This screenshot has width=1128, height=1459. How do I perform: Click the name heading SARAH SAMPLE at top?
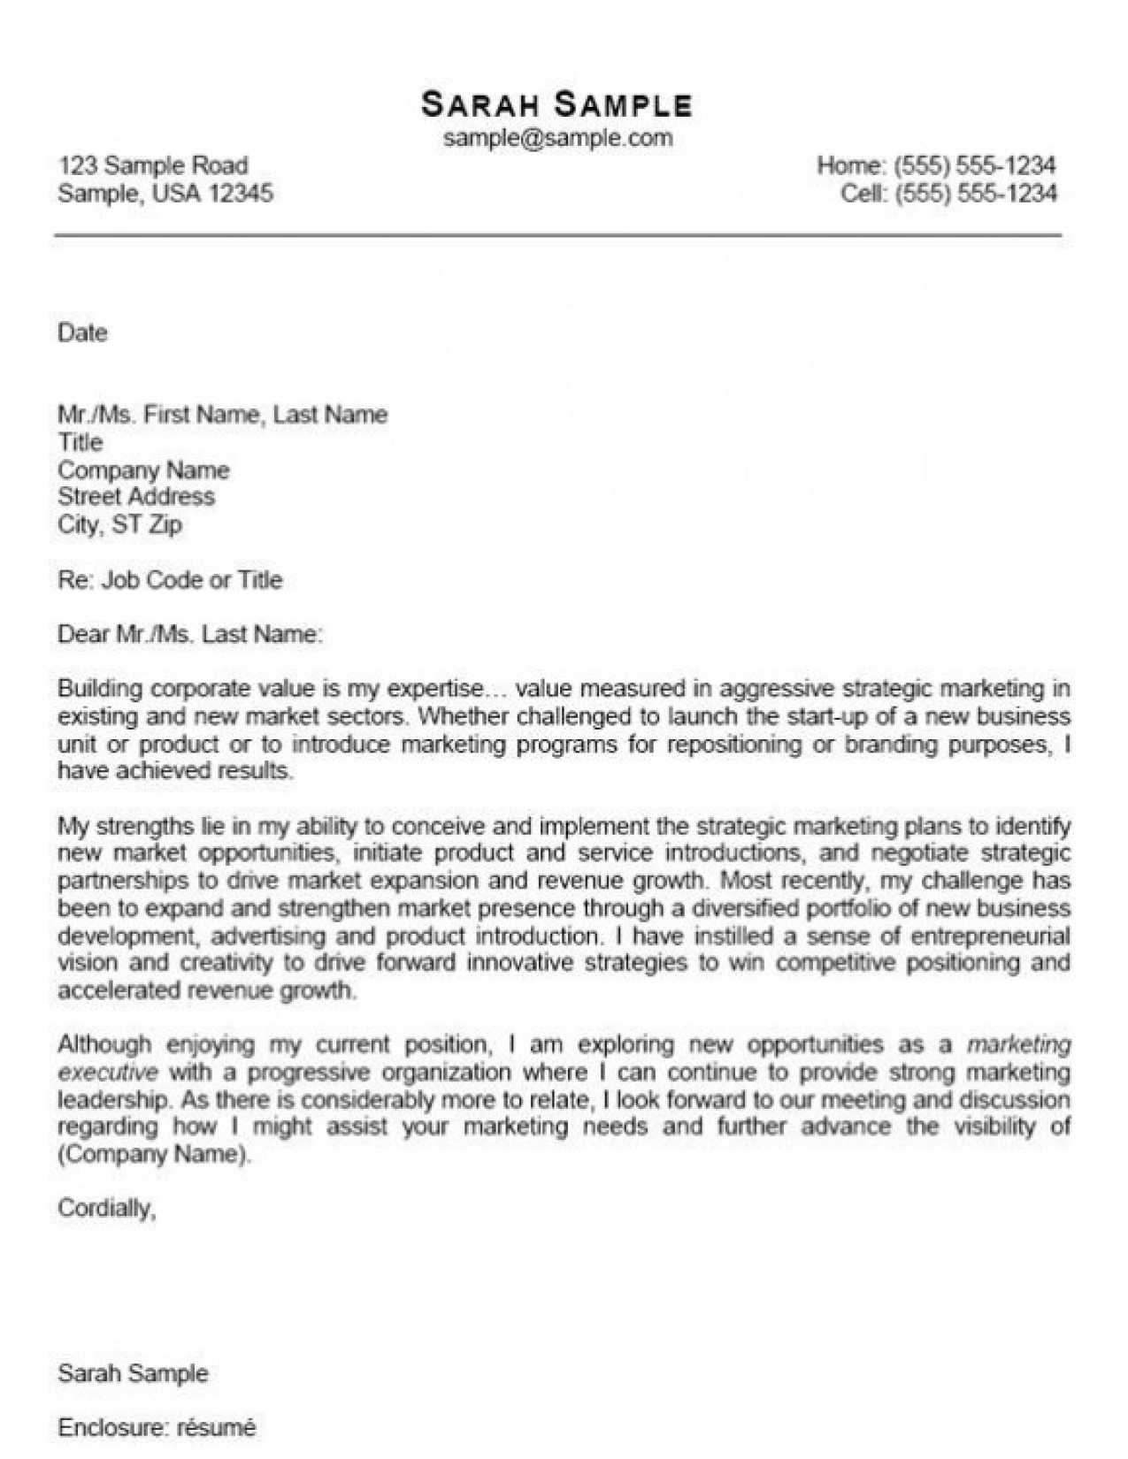point(556,104)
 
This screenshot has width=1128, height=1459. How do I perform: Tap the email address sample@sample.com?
point(557,138)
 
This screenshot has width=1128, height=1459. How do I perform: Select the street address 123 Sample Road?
point(153,165)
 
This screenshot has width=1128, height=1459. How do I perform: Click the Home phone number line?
point(936,165)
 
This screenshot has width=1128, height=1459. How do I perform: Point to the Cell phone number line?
point(948,193)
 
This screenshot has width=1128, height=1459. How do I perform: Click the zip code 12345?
point(241,193)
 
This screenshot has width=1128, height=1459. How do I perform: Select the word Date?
point(82,333)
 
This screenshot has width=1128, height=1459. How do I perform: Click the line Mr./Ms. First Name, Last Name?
point(222,415)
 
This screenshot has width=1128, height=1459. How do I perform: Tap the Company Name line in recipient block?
point(143,470)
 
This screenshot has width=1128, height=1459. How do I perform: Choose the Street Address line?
point(136,496)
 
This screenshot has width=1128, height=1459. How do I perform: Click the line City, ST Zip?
point(120,524)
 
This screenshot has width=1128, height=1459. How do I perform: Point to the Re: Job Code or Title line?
point(170,580)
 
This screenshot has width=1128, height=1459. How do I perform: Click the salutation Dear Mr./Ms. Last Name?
point(190,634)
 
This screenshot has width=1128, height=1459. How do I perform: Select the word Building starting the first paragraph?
point(99,689)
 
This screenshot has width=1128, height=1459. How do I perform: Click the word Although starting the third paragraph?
point(104,1044)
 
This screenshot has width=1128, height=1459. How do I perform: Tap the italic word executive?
point(108,1073)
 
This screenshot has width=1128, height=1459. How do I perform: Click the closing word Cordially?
point(106,1208)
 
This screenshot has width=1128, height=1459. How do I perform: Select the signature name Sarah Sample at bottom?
point(133,1373)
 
